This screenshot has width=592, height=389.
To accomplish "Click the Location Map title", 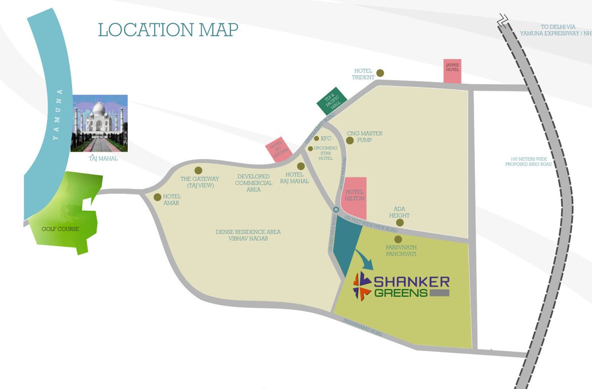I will click(168, 29).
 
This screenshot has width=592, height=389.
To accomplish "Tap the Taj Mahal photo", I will click(99, 123).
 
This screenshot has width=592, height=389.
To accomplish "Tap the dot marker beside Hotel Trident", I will click(380, 73).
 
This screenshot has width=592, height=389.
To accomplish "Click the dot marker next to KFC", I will click(317, 138).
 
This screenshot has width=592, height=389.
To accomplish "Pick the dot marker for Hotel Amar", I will click(157, 197).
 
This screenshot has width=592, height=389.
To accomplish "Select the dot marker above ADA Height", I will click(400, 222).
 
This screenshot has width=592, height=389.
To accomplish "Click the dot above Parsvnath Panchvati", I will click(398, 239).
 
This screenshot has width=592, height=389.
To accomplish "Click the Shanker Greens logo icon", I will click(362, 286).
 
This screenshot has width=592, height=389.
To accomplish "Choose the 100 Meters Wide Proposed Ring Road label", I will click(528, 162).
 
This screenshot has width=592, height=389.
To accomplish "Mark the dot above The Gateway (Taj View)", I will click(198, 171).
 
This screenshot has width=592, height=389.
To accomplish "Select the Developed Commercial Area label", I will click(253, 183).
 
